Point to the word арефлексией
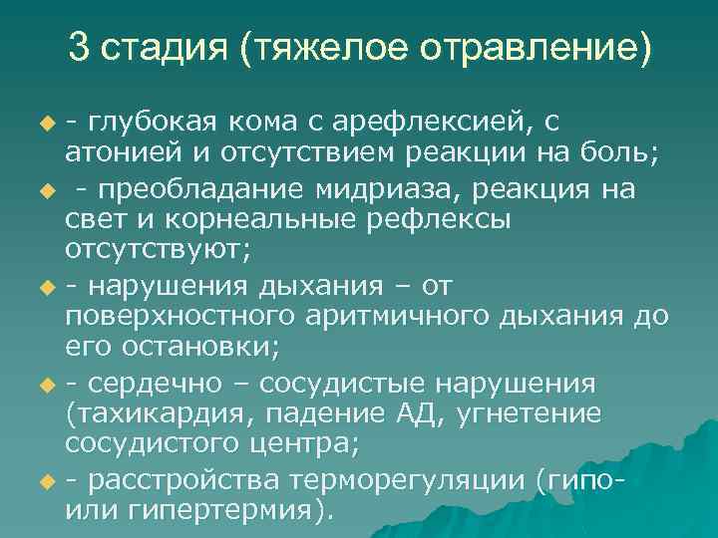click(421, 124)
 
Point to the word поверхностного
click(176, 318)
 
